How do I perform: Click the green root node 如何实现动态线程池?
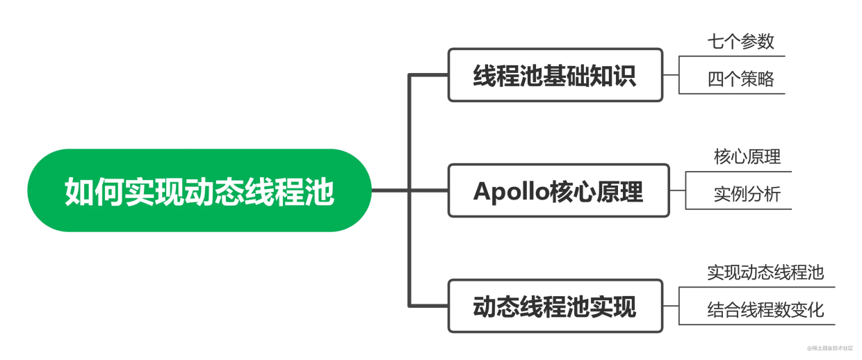(x=200, y=190)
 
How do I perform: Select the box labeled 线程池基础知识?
(x=555, y=75)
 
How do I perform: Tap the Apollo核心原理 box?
(x=558, y=190)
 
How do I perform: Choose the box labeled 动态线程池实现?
(x=555, y=306)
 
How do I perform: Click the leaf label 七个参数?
(x=740, y=42)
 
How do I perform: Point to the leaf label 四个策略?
(x=740, y=79)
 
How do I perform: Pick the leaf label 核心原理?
(x=747, y=156)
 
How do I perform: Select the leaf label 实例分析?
(x=747, y=195)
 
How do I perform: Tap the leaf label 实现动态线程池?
(x=765, y=272)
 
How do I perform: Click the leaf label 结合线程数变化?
(x=765, y=309)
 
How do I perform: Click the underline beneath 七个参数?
(x=741, y=56)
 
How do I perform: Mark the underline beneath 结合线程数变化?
(x=765, y=324)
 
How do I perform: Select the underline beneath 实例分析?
(x=747, y=209)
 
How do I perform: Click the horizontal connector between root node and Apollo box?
(x=410, y=190)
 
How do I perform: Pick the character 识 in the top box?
(x=624, y=76)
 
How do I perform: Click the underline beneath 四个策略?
(x=741, y=94)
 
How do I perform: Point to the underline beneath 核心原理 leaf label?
(x=747, y=171)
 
